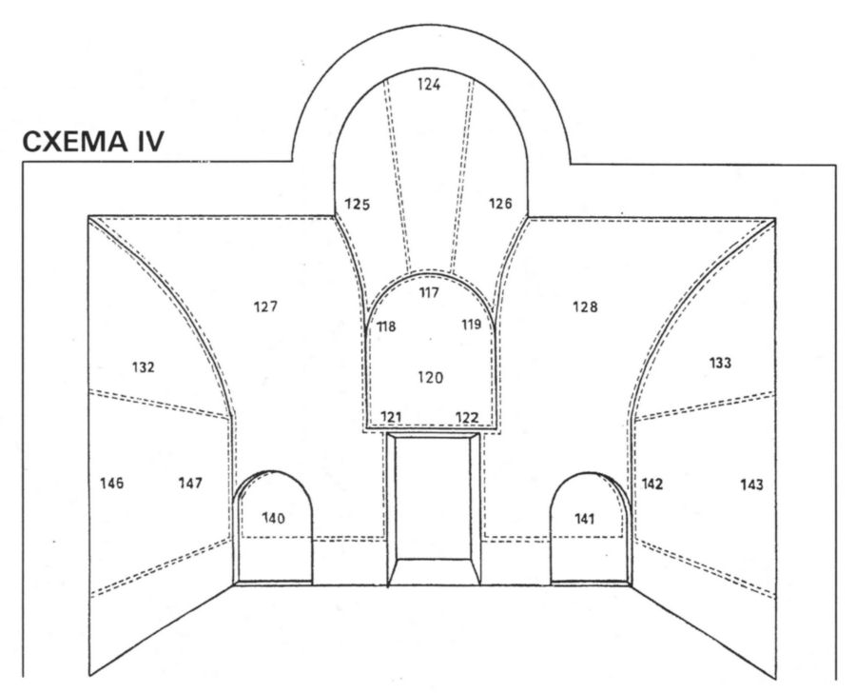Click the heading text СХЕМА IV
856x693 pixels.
pyautogui.click(x=93, y=142)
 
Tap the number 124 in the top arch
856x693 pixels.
pyautogui.click(x=429, y=85)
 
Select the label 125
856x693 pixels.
pyautogui.click(x=358, y=205)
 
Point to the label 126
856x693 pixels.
pyautogui.click(x=500, y=204)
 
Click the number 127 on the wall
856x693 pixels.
pyautogui.click(x=265, y=307)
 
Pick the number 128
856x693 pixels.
pyautogui.click(x=585, y=307)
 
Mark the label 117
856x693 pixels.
pyautogui.click(x=429, y=293)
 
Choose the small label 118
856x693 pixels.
pyautogui.click(x=386, y=327)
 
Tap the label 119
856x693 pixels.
pyautogui.click(x=472, y=325)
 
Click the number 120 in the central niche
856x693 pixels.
pyautogui.click(x=431, y=378)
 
